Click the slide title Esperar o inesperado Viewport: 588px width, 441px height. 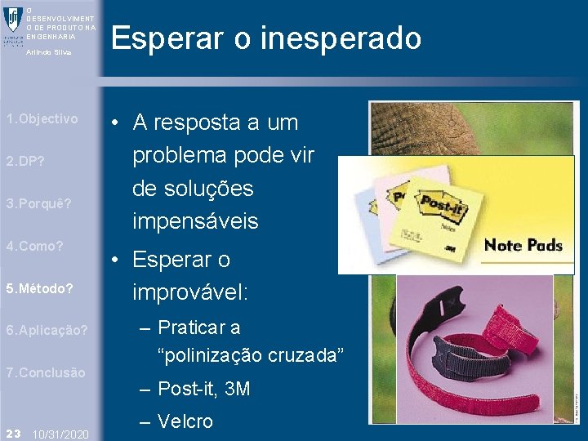click(266, 38)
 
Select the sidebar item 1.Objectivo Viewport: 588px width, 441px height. click(42, 119)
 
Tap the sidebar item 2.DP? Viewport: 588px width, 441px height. click(25, 162)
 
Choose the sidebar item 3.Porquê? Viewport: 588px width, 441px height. click(38, 203)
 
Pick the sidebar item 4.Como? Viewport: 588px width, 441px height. click(34, 246)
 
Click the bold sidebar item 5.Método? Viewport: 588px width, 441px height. click(39, 288)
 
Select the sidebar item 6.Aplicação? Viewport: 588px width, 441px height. click(47, 331)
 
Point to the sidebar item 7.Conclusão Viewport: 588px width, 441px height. click(45, 372)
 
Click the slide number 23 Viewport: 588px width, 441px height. click(12, 432)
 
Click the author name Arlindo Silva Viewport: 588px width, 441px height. click(49, 52)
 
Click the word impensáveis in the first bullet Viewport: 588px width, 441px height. click(194, 221)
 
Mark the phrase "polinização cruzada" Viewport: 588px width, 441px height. click(251, 355)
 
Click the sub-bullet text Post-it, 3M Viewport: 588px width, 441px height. click(203, 390)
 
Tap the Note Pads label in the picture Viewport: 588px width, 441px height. click(523, 245)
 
